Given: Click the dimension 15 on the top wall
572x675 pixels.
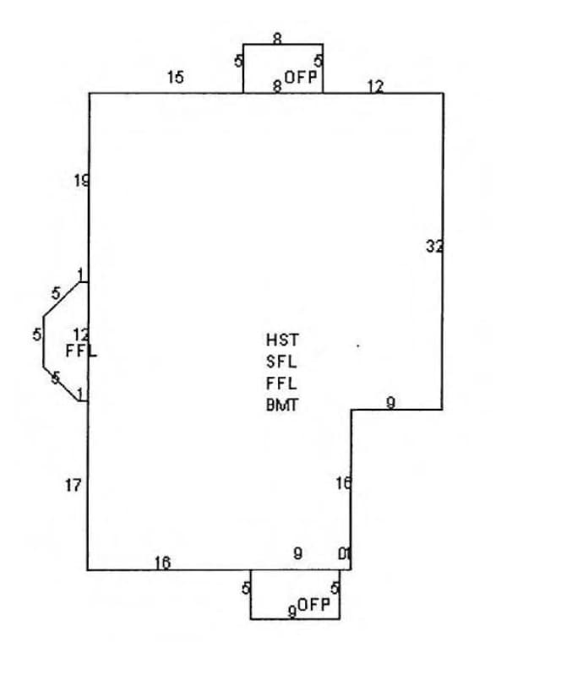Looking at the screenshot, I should tap(175, 78).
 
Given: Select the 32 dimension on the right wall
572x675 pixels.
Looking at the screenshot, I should tap(434, 247).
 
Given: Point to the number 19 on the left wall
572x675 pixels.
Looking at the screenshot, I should tap(81, 180).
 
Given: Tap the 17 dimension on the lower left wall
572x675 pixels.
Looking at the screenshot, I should tap(74, 485).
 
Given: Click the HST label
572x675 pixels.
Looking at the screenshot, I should tap(282, 340).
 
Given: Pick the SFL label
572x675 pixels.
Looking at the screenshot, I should tap(282, 362).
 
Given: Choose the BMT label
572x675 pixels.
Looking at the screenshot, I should tap(282, 405).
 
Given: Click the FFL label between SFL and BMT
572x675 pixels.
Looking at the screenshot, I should tap(282, 384).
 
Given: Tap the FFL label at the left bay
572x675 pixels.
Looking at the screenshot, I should tap(81, 350).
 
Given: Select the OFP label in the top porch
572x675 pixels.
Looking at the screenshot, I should tap(301, 77).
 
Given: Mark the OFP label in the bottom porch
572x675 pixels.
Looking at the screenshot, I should tap(313, 604).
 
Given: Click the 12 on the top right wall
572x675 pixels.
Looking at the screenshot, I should tap(375, 86).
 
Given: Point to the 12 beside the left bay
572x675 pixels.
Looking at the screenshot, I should tap(80, 335).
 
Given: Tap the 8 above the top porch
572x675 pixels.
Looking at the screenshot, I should tap(277, 38).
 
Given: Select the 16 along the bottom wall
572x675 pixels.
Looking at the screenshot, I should tap(162, 563).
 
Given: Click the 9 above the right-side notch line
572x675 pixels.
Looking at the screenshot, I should tap(390, 402).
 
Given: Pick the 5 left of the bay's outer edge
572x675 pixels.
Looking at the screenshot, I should tap(37, 335).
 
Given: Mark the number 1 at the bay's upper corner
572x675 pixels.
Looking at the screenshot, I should tap(80, 275).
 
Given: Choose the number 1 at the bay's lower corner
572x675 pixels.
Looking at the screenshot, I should tap(80, 394).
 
